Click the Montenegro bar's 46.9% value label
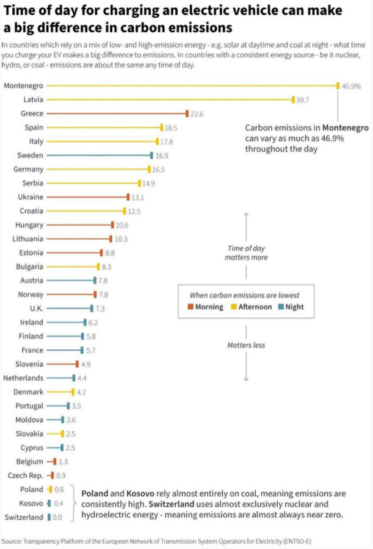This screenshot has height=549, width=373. (351, 86)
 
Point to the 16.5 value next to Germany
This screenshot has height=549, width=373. (158, 170)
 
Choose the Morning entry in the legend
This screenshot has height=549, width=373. (206, 307)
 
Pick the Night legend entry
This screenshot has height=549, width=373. (291, 307)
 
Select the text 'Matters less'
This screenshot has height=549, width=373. (246, 345)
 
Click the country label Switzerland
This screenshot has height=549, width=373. (24, 517)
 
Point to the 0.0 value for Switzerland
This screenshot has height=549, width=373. (58, 517)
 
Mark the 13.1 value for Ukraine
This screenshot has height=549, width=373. (138, 197)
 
